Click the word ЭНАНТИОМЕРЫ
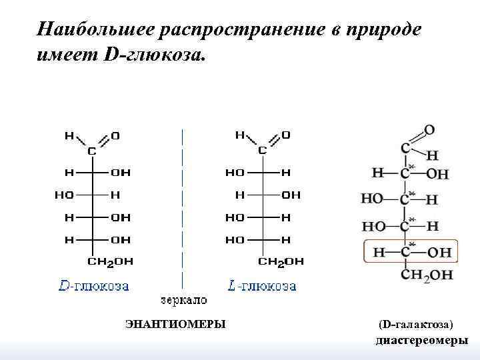tap(175, 324)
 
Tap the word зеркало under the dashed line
tap(183, 300)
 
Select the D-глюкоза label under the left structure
tap(94, 286)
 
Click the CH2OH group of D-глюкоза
tap(111, 261)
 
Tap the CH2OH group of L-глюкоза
tap(281, 261)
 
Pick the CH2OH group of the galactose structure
tap(427, 274)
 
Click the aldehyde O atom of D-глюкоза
tap(116, 135)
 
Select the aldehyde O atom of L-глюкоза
tap(286, 135)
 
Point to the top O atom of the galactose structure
tap(429, 129)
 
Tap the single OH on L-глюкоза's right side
tap(291, 195)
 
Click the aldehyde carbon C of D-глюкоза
tap(92, 151)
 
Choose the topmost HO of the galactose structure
tap(372, 198)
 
